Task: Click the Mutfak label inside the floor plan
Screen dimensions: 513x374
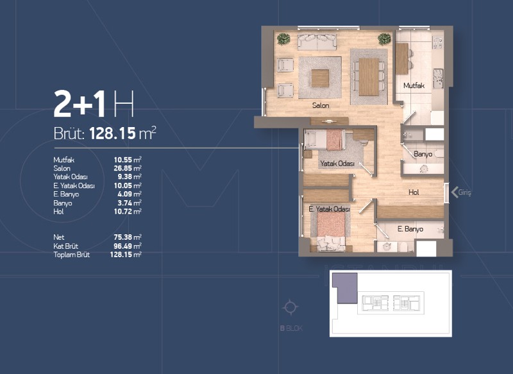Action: (414, 86)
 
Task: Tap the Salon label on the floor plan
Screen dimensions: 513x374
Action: (321, 105)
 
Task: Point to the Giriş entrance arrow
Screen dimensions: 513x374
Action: (455, 192)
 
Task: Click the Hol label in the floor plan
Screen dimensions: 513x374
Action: (414, 192)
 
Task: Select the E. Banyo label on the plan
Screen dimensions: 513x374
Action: (410, 229)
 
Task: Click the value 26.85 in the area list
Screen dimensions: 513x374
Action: (122, 169)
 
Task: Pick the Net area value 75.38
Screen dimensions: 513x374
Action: (122, 237)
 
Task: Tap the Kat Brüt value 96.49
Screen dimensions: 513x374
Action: (122, 246)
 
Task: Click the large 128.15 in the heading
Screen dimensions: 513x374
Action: (112, 133)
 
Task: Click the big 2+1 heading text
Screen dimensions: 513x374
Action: (80, 103)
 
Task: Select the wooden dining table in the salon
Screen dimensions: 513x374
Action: (369, 77)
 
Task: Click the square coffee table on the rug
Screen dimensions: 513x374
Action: (320, 78)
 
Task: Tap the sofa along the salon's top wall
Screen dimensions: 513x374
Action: (317, 42)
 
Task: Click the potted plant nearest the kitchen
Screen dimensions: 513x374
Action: (384, 39)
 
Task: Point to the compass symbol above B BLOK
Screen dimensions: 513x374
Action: (290, 307)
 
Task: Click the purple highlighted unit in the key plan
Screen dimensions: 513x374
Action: (345, 288)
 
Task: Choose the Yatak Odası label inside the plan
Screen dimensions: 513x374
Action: (337, 164)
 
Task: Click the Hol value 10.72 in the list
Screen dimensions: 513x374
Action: (122, 212)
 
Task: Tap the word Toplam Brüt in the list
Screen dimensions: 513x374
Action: (72, 255)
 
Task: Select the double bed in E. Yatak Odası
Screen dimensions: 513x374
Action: (331, 229)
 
